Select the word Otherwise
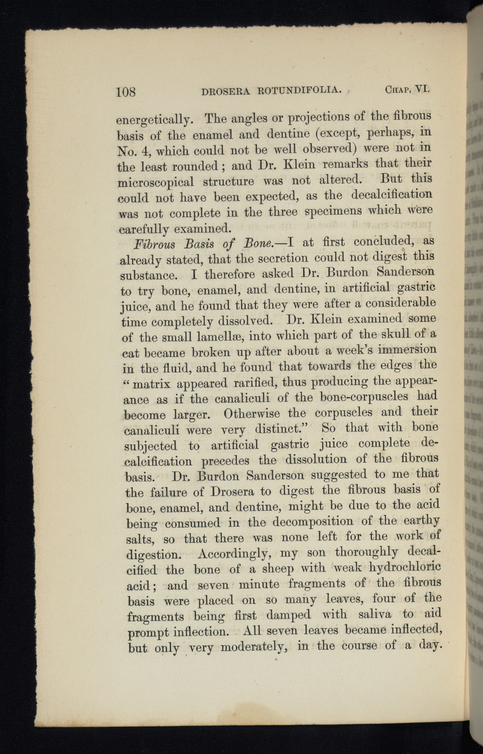point(256,414)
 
